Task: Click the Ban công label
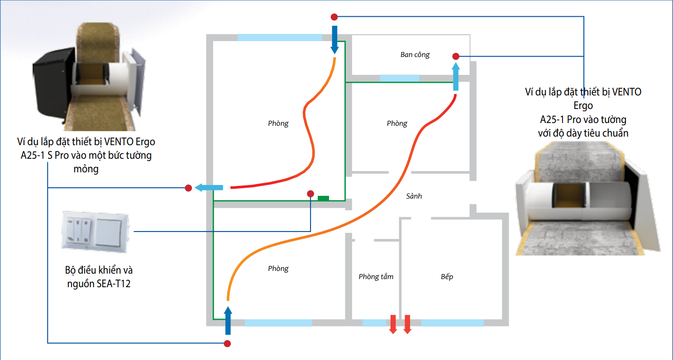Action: [x=415, y=55]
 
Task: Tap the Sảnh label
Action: [x=414, y=196]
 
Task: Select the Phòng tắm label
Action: [x=376, y=276]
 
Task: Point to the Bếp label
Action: [x=447, y=276]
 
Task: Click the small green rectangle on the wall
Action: [x=323, y=198]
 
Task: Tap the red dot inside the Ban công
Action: [x=456, y=57]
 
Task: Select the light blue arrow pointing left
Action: [x=209, y=188]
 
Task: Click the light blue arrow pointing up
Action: [x=456, y=76]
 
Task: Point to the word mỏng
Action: [x=86, y=169]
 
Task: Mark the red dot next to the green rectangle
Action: [x=310, y=194]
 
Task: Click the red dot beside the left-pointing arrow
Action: [x=189, y=188]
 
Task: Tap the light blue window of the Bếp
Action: [x=452, y=323]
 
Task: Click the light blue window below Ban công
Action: [x=399, y=78]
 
